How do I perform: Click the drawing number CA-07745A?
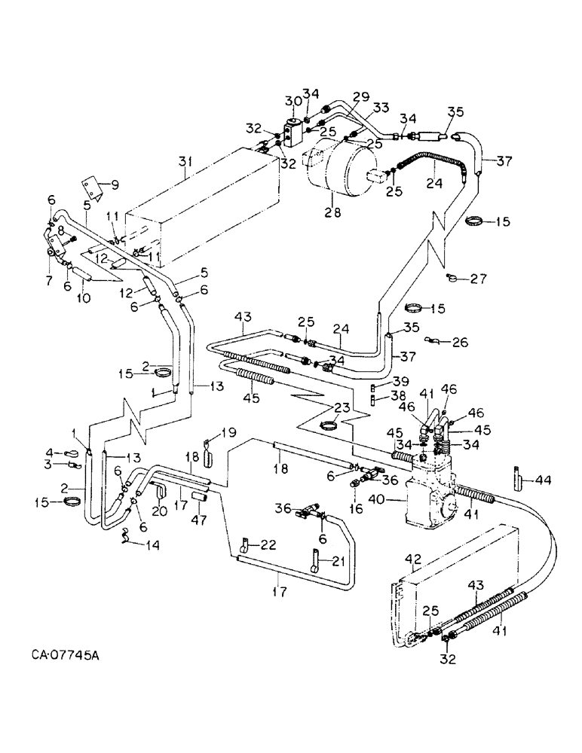point(66,656)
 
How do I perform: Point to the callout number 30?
point(293,102)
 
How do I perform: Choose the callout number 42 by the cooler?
point(412,559)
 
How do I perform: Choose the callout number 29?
point(362,98)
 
